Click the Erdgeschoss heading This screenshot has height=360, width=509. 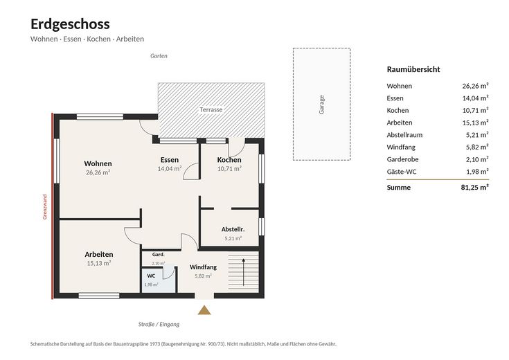point(70,24)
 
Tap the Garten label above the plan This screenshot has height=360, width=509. point(159,56)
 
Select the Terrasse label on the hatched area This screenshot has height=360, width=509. point(211,109)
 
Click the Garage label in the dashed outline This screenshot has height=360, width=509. point(321,105)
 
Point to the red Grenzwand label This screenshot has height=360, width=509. point(45,207)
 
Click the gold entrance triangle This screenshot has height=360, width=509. point(204,310)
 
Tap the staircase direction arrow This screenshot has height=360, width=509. point(244,272)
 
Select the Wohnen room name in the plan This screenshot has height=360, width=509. point(98,163)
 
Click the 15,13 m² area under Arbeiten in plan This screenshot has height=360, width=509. point(98,263)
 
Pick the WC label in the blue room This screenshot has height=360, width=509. point(151,276)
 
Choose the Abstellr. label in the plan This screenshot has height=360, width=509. point(233,229)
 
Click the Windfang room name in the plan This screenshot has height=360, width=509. point(203,267)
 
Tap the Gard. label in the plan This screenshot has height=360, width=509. point(159,255)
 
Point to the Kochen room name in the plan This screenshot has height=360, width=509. point(229,160)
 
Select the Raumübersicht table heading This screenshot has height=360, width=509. point(413,69)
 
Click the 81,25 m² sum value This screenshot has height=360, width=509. point(474,188)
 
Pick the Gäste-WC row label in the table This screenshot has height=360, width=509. point(402,172)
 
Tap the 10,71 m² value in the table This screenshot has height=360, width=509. point(475,110)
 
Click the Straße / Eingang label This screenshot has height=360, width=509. point(159,324)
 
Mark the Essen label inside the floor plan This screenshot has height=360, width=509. point(170,160)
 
